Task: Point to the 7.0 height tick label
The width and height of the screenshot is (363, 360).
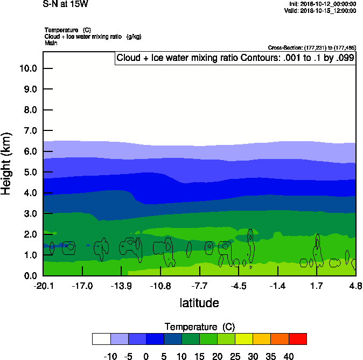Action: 30,131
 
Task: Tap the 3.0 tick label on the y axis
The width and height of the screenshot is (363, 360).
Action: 30,214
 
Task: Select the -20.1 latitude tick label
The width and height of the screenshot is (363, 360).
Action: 43,285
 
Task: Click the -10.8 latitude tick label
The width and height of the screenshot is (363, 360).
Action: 160,285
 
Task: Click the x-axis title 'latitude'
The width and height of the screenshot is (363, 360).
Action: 199,303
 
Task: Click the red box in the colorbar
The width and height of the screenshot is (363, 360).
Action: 298,339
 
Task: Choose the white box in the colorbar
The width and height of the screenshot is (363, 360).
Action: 101,339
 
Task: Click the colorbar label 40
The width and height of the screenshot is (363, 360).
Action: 289,356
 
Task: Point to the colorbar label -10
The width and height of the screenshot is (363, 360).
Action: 110,356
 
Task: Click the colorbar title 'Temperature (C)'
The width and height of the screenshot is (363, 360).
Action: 200,327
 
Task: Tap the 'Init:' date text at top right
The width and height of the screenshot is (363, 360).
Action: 322,4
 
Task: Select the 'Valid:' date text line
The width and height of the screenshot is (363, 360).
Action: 320,10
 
